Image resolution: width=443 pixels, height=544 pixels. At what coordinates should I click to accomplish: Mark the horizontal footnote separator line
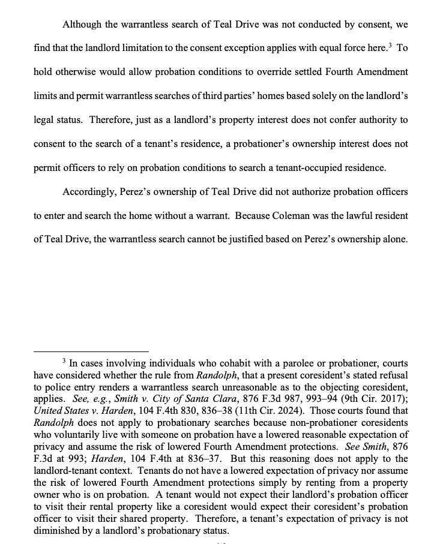(91, 351)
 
